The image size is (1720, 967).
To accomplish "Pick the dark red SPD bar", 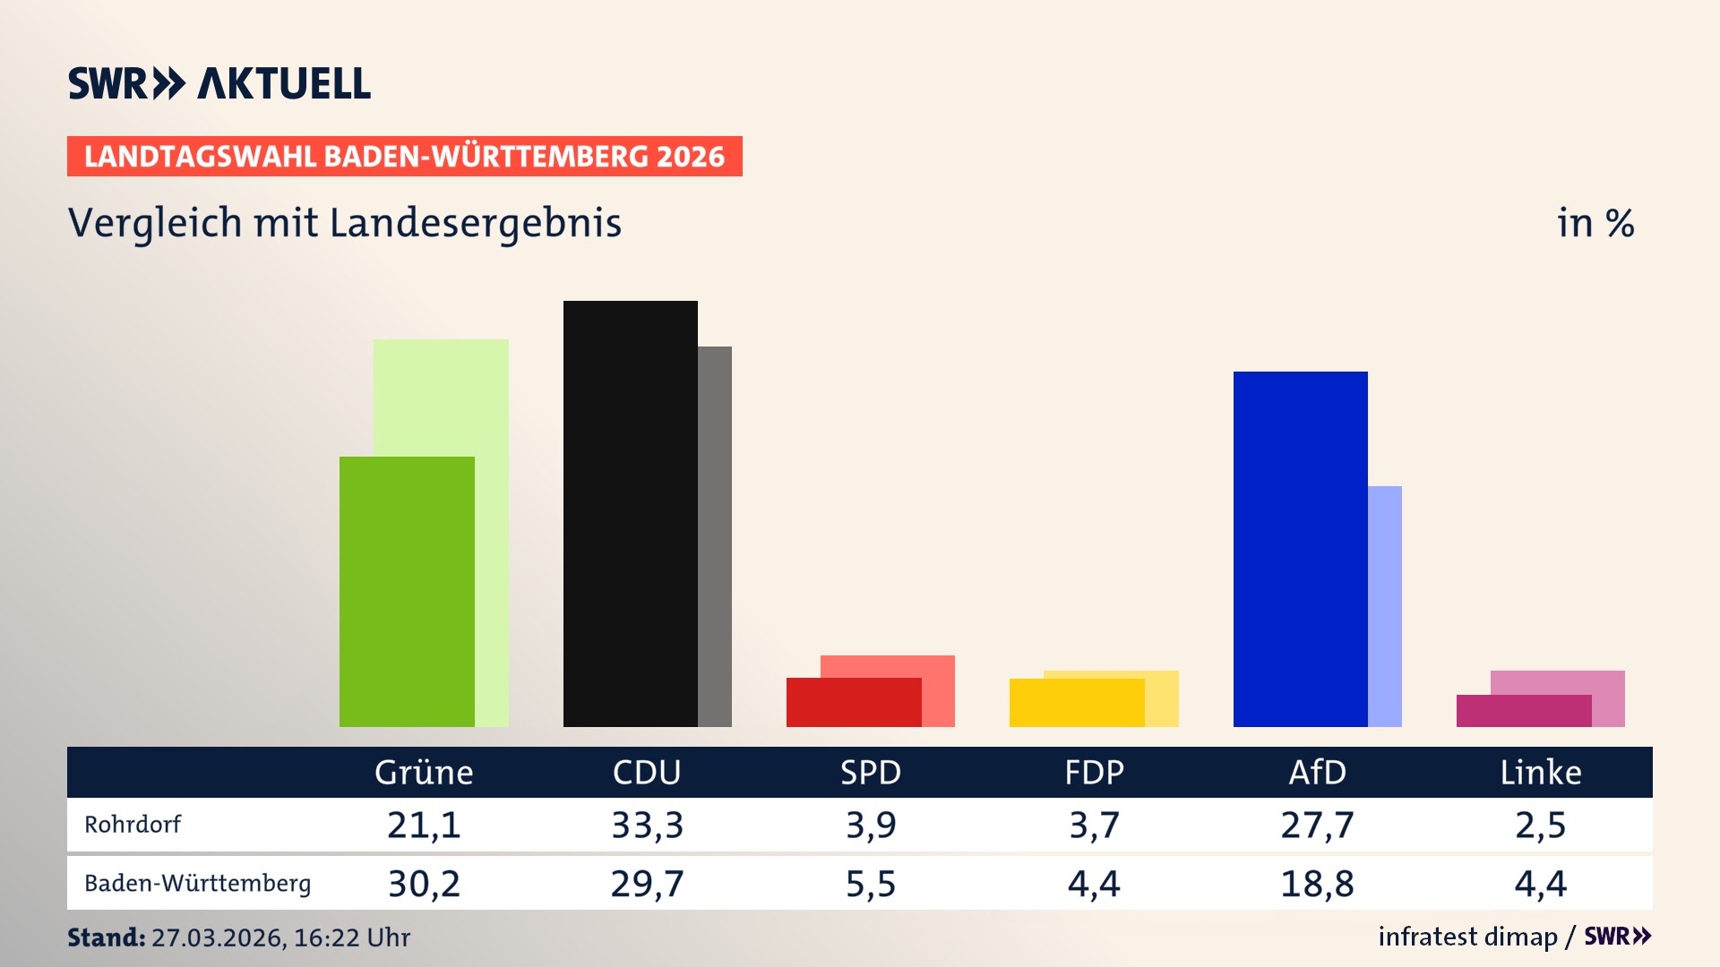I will coord(853,702).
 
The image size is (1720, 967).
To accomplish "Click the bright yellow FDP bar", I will coord(1076,703).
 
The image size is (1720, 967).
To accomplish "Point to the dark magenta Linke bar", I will coord(1523,711).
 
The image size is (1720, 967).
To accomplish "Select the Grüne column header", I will coord(424,772).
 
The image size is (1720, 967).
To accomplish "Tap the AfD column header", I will coord(1317,772).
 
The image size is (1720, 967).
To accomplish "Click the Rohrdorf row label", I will coord(133,824).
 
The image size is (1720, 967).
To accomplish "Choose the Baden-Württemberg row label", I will coord(197,883).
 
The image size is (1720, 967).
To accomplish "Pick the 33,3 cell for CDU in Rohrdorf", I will coord(647,825).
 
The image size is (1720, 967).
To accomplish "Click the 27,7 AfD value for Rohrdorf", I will coord(1317,825).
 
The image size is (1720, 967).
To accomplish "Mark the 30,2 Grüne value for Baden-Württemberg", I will coord(424,884).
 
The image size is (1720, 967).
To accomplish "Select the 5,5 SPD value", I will coord(871,884).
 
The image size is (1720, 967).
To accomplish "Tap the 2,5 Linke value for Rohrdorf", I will coord(1541,825).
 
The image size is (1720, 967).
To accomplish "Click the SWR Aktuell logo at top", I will coord(219,83).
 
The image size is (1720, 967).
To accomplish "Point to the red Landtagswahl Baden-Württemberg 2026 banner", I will coord(404,156).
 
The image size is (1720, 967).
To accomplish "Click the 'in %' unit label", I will coord(1595,223).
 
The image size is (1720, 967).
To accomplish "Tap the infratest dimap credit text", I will coord(1467,937).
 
